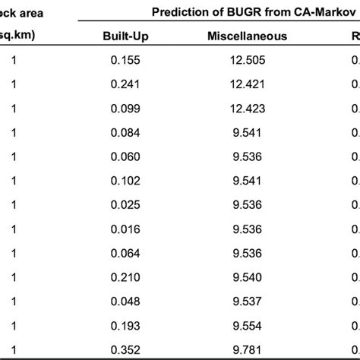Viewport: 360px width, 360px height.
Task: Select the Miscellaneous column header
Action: click(246, 36)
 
